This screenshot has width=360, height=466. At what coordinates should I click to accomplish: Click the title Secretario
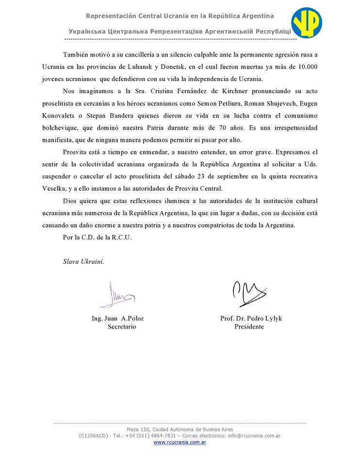[x=122, y=327]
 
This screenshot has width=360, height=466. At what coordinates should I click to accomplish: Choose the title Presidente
[x=249, y=327]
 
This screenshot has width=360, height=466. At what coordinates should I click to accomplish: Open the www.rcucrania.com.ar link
[x=180, y=443]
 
